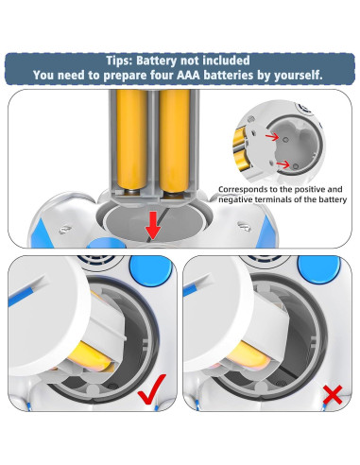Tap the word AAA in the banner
(188, 76)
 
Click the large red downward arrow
(153, 225)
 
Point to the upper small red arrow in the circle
(272, 136)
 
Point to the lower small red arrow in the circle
(283, 164)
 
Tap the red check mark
(152, 389)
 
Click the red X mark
(333, 395)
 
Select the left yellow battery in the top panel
(131, 140)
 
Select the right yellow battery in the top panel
(175, 140)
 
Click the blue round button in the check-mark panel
(150, 268)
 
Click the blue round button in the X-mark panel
(319, 268)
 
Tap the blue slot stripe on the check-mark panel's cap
(21, 297)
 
